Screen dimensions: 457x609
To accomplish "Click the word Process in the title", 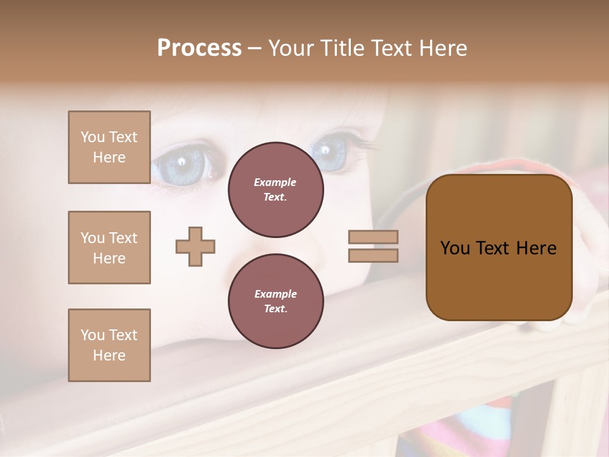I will pos(199,48).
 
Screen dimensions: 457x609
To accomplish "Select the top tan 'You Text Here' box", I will pos(109,147).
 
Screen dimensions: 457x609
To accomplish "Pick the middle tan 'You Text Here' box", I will pos(109,248).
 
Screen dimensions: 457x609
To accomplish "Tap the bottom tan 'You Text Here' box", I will pos(109,345).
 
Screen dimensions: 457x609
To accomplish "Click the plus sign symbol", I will pos(195,246).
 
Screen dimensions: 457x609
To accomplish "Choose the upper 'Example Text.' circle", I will pos(275,189).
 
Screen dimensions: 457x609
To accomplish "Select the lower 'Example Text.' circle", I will pos(275,301).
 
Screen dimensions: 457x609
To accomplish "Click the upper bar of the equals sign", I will pos(373,237).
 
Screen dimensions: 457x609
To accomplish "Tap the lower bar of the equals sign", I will pos(373,255).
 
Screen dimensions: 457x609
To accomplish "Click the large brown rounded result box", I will pos(499,248).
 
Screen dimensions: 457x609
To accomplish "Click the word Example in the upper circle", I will pos(275,182).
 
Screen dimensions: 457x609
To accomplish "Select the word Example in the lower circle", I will pos(275,294).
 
